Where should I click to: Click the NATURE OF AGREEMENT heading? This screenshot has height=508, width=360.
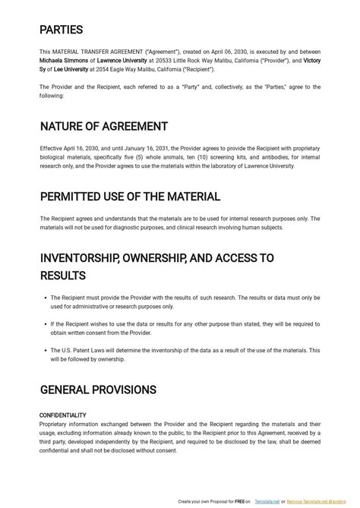pos(103,126)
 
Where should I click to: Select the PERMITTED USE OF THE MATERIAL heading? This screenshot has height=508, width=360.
pos(130,197)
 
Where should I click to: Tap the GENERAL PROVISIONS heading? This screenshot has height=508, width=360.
pos(98,390)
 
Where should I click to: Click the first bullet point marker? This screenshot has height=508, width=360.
pos(44,298)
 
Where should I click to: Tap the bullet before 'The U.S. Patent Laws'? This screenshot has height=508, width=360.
pos(44,351)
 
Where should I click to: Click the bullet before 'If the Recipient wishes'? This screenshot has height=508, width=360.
pos(44,324)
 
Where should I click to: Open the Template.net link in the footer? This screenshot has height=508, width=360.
pos(266,502)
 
